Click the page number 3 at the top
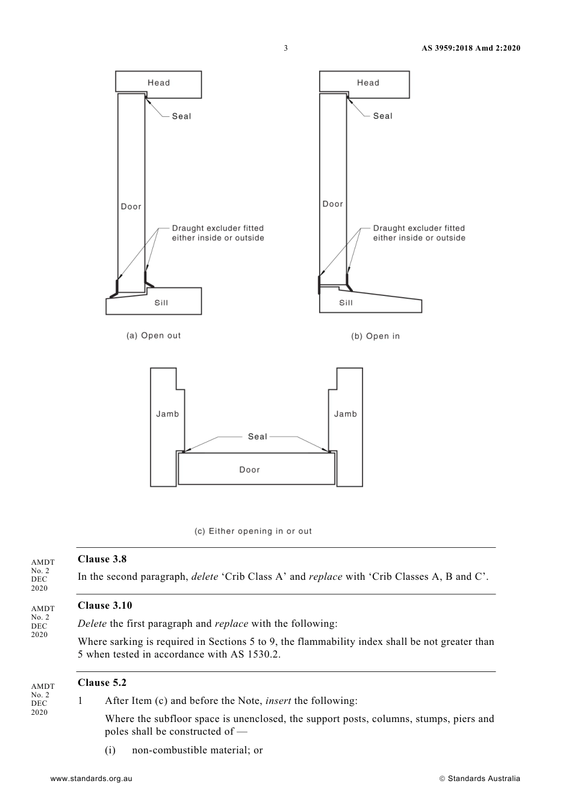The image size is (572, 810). tap(285, 48)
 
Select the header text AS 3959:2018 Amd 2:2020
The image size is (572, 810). tap(471, 48)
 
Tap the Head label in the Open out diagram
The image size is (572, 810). tap(159, 83)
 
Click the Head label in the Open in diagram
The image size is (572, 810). tap(368, 83)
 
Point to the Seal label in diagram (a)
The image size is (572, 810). tap(181, 116)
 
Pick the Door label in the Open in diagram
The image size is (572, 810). tap(332, 204)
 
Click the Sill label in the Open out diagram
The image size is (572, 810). tap(161, 303)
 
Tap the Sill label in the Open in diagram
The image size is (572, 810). tap(346, 303)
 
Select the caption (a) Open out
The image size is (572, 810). tap(154, 336)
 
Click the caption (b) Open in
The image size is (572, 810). tap(375, 336)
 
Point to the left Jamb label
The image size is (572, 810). tap(167, 414)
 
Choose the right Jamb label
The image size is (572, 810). tap(346, 414)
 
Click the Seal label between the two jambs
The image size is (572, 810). tap(257, 436)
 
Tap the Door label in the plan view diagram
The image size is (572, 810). tap(249, 469)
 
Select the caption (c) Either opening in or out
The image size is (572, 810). tap(253, 531)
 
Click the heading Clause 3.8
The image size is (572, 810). tap(102, 559)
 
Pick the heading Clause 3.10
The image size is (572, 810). tap(105, 606)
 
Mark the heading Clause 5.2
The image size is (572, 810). tap(102, 683)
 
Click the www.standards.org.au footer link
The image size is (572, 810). tap(91, 779)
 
